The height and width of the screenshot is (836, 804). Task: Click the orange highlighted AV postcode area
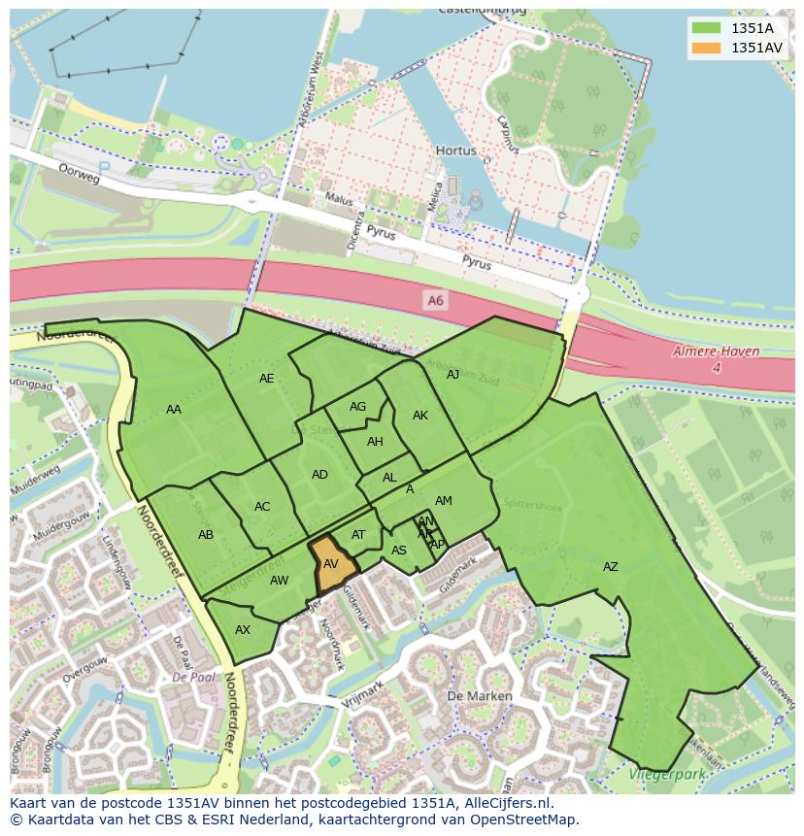[x=331, y=566]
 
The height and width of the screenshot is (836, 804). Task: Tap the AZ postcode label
[x=610, y=567]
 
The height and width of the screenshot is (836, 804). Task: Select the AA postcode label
[x=174, y=410]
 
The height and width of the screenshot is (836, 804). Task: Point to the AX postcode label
[x=243, y=630]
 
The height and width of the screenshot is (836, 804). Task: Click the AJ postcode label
[x=452, y=374]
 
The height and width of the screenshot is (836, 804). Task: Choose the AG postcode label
[x=357, y=407]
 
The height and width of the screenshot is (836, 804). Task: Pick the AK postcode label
[x=420, y=416]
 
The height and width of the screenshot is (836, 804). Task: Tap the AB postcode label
[x=206, y=535]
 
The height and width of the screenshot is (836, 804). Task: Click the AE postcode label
[x=266, y=379]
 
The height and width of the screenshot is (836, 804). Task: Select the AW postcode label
[x=279, y=581]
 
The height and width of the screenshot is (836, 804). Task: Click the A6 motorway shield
[x=435, y=301]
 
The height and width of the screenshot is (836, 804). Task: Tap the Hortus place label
[x=455, y=151]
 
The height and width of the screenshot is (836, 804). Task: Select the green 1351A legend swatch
[x=706, y=28]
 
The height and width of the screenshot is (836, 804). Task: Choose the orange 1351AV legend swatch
[x=706, y=47]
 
